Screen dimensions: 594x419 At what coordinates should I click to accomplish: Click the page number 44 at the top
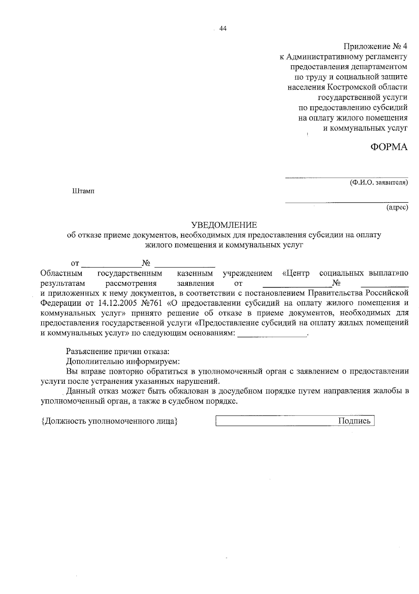tap(223, 29)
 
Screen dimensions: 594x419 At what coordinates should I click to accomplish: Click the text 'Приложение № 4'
tap(375, 46)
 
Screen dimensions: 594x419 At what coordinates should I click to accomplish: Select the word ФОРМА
tap(389, 147)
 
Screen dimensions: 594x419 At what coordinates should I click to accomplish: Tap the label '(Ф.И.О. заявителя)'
tap(379, 183)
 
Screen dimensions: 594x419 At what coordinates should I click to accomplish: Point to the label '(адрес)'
tap(397, 208)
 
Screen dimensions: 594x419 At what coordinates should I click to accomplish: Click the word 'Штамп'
tap(83, 191)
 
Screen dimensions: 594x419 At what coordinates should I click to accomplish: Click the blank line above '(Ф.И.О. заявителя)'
tap(346, 177)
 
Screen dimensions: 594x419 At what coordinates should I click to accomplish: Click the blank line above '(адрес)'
tap(346, 202)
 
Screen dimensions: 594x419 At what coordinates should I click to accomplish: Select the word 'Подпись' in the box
tap(354, 421)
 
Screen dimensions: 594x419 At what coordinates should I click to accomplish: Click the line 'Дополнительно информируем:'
tap(123, 361)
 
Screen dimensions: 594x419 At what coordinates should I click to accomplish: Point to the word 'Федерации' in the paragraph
tap(58, 303)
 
